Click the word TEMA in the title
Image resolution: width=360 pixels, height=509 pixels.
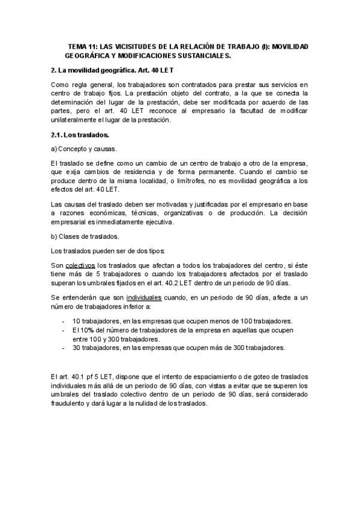77,46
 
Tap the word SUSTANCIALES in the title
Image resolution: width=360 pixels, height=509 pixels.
201,55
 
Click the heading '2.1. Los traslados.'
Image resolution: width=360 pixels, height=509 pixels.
80,134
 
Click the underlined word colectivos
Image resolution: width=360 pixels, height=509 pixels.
80,265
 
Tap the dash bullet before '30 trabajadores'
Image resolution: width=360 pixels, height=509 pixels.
64,347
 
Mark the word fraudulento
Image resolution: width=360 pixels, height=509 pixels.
71,403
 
